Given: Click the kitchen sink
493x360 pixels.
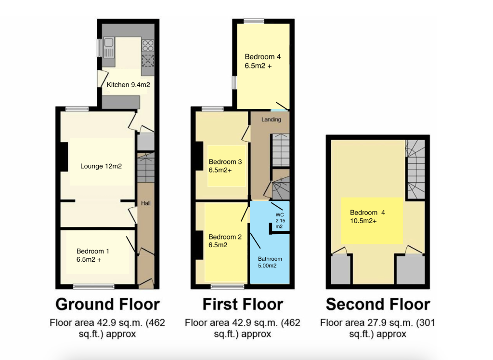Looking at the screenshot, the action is tap(109, 48).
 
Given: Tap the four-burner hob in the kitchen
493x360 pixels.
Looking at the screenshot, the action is tap(148, 46).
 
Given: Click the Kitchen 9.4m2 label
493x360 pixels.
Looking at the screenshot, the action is tap(128, 85).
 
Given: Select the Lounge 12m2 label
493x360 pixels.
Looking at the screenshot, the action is tap(101, 166).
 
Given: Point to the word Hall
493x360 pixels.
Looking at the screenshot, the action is tap(145, 203).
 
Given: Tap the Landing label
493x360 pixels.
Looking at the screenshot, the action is tap(271, 120).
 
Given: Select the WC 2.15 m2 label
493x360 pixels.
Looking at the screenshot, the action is tap(280, 221).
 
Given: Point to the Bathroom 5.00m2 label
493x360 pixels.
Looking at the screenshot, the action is tap(270, 262).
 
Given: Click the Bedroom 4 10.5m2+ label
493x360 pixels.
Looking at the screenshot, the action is tap(367, 216).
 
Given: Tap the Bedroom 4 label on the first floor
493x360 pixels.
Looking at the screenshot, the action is tap(262, 61).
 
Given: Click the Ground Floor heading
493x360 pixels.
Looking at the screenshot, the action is tap(107, 304).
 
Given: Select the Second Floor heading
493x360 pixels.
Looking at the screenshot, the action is tap(378, 304).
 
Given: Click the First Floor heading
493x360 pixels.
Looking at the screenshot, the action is tap(243, 304).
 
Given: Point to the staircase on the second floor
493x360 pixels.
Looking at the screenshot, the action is tap(415, 169).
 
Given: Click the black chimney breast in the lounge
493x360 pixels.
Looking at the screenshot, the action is tap(64, 157).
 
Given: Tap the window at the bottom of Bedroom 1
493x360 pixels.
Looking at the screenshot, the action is tap(94, 286).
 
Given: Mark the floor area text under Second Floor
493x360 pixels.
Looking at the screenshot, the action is tap(377, 328).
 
